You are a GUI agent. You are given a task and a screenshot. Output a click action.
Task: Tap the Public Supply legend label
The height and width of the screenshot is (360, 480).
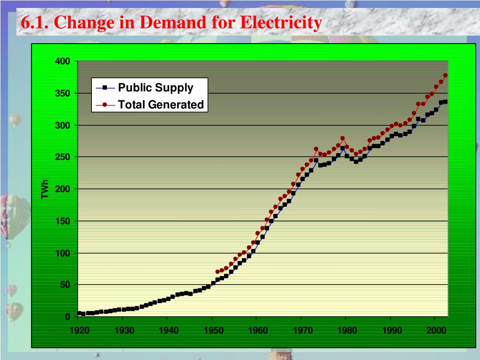155,88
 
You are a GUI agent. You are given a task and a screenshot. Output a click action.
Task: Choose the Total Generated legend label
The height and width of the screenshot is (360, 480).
161,105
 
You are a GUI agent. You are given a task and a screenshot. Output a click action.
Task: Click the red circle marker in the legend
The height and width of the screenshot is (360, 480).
105,105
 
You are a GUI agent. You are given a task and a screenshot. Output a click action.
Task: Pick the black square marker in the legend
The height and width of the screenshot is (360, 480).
105,88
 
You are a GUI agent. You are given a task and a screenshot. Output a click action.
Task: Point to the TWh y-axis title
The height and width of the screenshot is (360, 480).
45,189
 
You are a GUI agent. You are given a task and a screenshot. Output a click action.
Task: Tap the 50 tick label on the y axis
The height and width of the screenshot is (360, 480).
65,285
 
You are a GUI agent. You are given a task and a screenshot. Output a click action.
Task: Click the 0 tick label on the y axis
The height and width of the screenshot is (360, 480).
67,317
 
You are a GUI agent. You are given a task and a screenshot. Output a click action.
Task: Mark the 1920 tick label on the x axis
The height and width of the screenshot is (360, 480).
79,330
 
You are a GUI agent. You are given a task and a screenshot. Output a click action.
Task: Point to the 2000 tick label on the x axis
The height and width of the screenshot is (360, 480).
435,330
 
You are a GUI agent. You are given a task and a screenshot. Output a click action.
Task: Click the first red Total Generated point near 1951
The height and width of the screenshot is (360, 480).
217,272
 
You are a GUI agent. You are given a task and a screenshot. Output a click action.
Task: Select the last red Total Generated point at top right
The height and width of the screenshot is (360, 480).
445,75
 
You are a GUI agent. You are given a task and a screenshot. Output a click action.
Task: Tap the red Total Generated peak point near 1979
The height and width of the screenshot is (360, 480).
342,138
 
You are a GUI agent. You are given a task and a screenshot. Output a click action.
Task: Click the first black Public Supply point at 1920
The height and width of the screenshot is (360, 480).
79,313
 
